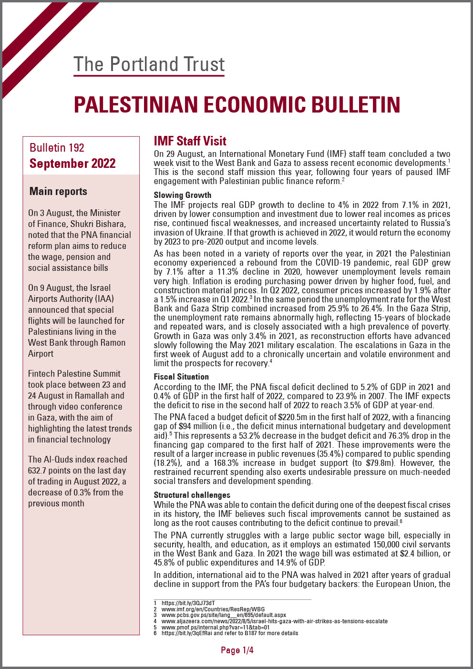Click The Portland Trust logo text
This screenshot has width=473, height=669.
tap(149, 64)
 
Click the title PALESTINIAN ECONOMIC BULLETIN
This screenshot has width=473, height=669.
tap(237, 105)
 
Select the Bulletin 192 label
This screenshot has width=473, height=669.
tap(57, 148)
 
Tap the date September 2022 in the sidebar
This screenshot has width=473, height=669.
tap(72, 164)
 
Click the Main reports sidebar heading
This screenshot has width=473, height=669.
tap(58, 191)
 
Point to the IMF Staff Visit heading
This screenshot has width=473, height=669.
tap(190, 141)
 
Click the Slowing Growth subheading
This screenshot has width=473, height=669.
tap(182, 195)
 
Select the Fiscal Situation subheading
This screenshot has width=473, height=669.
tap(181, 377)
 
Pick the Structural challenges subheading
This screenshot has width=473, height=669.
tap(192, 495)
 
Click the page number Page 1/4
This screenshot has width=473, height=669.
tap(237, 650)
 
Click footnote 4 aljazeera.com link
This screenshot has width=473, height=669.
tap(274, 621)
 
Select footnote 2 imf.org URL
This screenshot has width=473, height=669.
tap(213, 609)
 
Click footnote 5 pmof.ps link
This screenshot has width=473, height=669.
tap(215, 628)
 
